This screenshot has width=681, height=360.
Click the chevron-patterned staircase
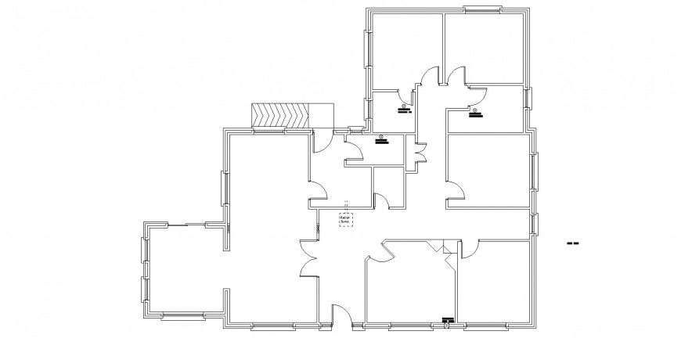click(x=280, y=115)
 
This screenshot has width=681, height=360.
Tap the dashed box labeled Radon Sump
click(x=345, y=220)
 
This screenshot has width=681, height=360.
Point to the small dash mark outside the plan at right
click(x=572, y=244)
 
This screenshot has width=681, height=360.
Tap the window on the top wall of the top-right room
click(x=482, y=10)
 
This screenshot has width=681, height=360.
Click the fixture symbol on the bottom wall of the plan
click(x=448, y=319)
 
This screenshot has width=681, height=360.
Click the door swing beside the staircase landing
click(x=321, y=141)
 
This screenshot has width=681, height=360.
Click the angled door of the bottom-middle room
click(x=381, y=250)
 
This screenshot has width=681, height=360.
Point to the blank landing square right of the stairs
click(x=322, y=115)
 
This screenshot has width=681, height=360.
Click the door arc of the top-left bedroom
click(x=428, y=77)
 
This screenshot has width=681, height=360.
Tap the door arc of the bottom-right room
click(x=473, y=249)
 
